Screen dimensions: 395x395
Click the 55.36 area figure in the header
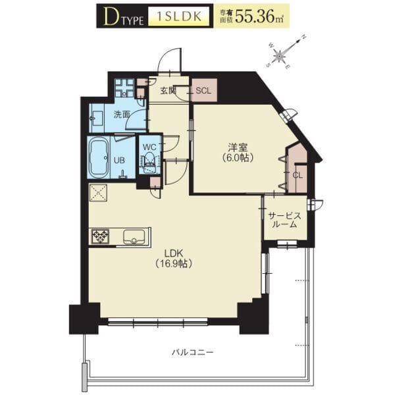pyautogui.click(x=255, y=16)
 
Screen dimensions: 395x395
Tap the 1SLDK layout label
pyautogui.click(x=179, y=16)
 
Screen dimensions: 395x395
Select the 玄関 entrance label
pyautogui.click(x=168, y=90)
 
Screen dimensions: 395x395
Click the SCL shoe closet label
pyautogui.click(x=203, y=91)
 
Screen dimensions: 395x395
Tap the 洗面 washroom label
pyautogui.click(x=121, y=115)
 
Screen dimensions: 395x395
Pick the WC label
pyautogui.click(x=149, y=147)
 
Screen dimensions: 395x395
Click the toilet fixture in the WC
pyautogui.click(x=150, y=163)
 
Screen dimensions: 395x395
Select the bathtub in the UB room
pyautogui.click(x=99, y=159)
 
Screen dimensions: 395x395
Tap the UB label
pyautogui.click(x=119, y=160)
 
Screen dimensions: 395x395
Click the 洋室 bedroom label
pyautogui.click(x=238, y=147)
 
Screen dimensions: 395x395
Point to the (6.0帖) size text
pyautogui.click(x=238, y=158)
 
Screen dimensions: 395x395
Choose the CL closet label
pyautogui.click(x=298, y=175)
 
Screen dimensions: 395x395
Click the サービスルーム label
pyautogui.click(x=284, y=220)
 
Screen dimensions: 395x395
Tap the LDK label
pyautogui.click(x=173, y=253)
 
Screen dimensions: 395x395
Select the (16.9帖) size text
pyautogui.click(x=174, y=263)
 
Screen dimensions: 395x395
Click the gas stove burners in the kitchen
pyautogui.click(x=100, y=236)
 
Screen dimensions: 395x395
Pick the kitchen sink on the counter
pyautogui.click(x=134, y=237)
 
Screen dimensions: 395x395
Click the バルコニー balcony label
pyautogui.click(x=192, y=352)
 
